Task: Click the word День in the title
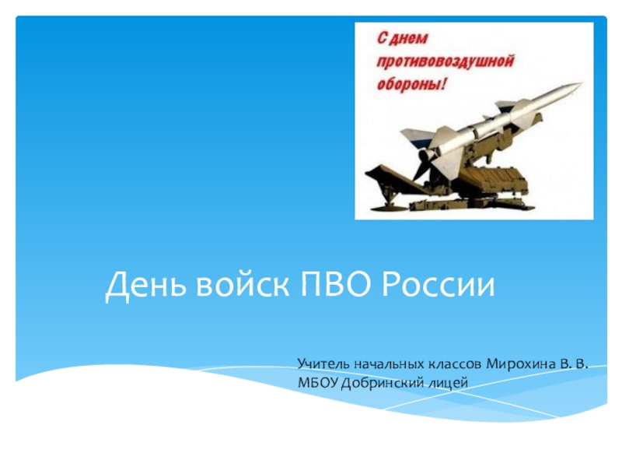tap(145, 285)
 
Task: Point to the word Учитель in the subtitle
tap(323, 363)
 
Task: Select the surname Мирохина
tap(521, 363)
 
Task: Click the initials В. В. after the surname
tap(574, 363)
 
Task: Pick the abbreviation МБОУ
tap(318, 383)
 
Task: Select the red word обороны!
tap(411, 85)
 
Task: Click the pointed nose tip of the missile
tap(582, 83)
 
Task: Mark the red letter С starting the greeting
tap(381, 39)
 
